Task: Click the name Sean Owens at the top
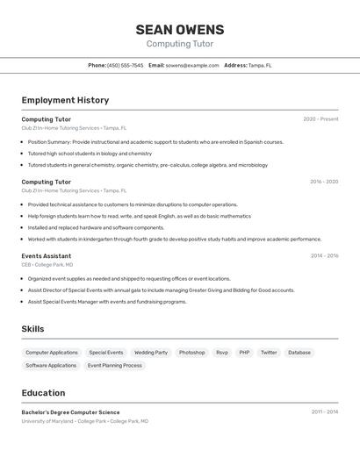[179, 30]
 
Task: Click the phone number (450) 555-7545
[125, 65]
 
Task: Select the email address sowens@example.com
[192, 65]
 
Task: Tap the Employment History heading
[65, 100]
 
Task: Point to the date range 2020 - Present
[320, 119]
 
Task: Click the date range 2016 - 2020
[324, 182]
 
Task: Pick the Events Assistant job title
[47, 256]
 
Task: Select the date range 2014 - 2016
[324, 256]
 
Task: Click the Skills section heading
[32, 329]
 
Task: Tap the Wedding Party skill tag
[150, 353]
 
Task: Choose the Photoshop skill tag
[191, 353]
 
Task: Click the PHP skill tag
[244, 353]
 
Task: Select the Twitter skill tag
[269, 353]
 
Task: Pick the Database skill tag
[299, 353]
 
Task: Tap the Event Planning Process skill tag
[114, 366]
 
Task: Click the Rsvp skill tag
[222, 353]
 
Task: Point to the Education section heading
[43, 393]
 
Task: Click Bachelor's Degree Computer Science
[70, 412]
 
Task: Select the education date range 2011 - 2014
[324, 411]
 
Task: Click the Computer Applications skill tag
[52, 353]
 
